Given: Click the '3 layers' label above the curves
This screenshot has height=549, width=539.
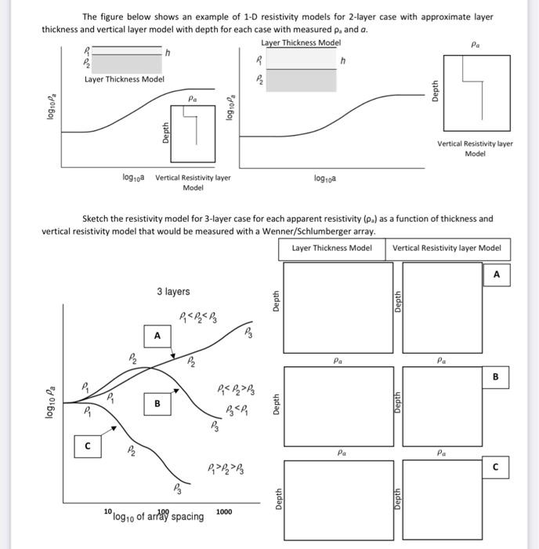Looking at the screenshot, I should tap(172, 292).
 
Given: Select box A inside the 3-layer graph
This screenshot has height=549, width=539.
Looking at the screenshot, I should tap(157, 336).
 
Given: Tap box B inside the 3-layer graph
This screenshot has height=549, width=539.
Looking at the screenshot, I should tap(157, 404).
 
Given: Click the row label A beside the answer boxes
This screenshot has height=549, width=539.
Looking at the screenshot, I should tap(496, 274).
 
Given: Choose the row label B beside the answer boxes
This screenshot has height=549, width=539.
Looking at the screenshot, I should tap(496, 376).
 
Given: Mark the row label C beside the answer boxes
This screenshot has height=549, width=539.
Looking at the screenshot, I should tap(496, 468).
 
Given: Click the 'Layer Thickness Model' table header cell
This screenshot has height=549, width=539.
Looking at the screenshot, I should tap(331, 248).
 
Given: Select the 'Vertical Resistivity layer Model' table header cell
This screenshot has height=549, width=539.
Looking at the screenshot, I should tap(447, 248).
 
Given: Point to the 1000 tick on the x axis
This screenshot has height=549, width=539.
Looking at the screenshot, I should tap(224, 511).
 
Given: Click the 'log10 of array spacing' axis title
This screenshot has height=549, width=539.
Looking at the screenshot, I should tap(158, 516).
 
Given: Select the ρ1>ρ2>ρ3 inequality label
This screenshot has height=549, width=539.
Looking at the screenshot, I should tap(226, 471).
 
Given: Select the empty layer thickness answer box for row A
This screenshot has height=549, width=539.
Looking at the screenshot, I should tap(338, 307).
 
